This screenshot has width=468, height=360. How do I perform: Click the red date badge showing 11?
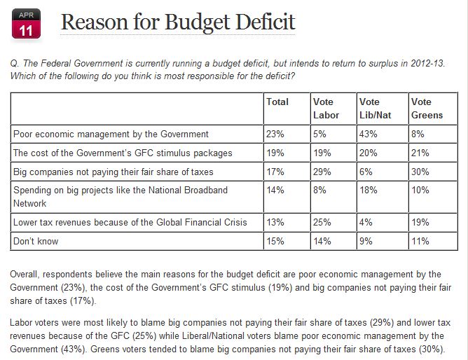[25, 22]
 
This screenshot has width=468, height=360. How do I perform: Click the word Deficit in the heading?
[255, 22]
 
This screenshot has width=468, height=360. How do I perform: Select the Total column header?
[277, 102]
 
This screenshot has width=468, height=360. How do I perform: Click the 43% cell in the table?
[369, 133]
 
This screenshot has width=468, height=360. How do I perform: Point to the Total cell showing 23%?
[275, 133]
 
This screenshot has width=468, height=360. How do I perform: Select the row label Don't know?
[36, 241]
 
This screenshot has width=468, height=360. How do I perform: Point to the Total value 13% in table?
[275, 223]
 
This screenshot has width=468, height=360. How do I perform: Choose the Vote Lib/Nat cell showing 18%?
[369, 190]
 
